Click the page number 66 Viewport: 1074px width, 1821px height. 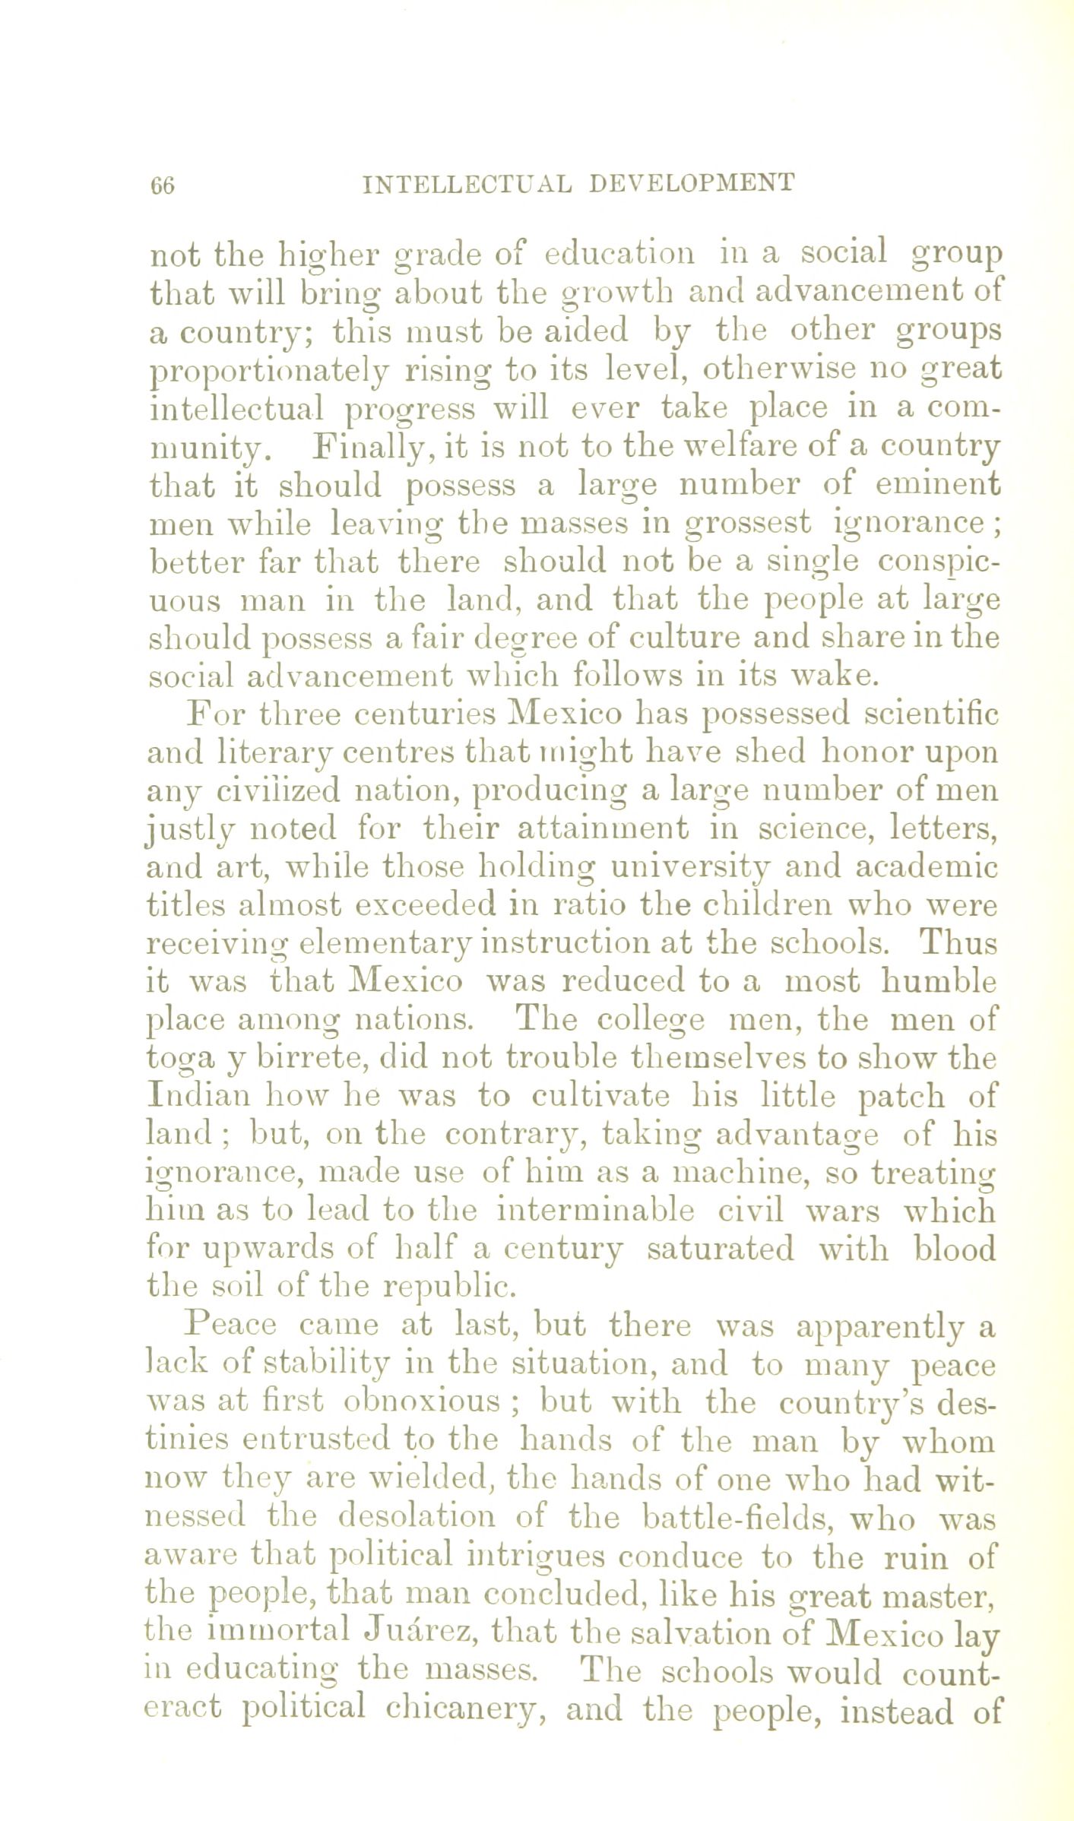[x=163, y=185]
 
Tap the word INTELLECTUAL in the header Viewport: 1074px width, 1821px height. [x=467, y=184]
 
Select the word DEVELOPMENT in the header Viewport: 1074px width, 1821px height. [x=691, y=183]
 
